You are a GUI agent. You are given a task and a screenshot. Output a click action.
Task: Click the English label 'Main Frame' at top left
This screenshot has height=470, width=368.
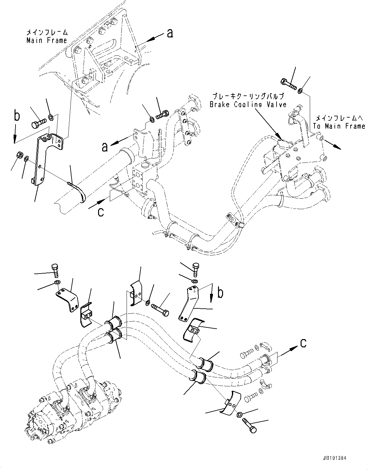47,40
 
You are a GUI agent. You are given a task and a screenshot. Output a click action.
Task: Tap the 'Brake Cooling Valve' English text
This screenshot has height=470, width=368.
248,104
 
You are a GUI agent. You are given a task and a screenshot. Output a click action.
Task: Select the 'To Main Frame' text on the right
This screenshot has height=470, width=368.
339,126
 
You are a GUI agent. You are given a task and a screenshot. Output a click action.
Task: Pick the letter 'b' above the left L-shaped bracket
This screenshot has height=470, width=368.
17,116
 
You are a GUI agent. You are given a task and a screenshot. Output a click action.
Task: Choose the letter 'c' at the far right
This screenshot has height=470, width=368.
303,344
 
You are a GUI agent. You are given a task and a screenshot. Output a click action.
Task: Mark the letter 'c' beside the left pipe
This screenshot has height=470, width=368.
101,211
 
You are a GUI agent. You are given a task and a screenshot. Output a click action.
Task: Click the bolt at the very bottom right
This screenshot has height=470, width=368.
249,425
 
